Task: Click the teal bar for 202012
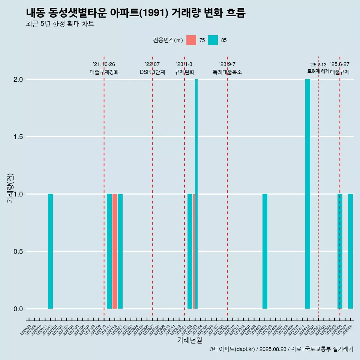pyautogui.click(x=50, y=251)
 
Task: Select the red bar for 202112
pyautogui.click(x=115, y=251)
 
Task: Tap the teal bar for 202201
pyautogui.click(x=120, y=251)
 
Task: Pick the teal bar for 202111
pyautogui.click(x=109, y=251)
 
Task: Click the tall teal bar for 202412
pyautogui.click(x=307, y=194)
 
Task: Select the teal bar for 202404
pyautogui.click(x=265, y=251)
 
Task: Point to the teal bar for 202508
pyautogui.click(x=350, y=251)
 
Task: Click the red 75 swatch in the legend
pyautogui.click(x=191, y=40)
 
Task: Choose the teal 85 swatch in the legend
pyautogui.click(x=213, y=40)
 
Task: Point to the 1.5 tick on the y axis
pyautogui.click(x=18, y=137)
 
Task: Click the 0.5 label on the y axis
pyautogui.click(x=18, y=252)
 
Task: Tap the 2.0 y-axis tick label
pyautogui.click(x=18, y=79)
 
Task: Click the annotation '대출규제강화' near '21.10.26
pyautogui.click(x=104, y=72)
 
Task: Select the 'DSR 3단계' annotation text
pyautogui.click(x=152, y=72)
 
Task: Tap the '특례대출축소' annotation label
pyautogui.click(x=227, y=72)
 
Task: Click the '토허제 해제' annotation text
pyautogui.click(x=318, y=71)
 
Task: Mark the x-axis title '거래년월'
pyautogui.click(x=189, y=340)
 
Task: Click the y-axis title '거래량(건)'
pyautogui.click(x=10, y=188)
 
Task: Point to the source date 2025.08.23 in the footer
pyautogui.click(x=273, y=349)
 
